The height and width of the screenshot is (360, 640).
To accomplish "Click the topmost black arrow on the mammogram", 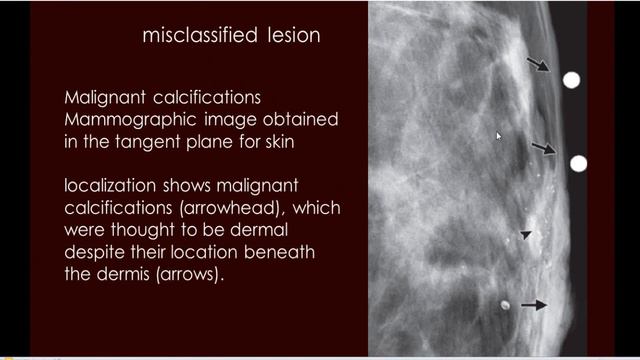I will (538, 65).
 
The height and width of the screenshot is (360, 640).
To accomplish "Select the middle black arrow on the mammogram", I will (543, 149).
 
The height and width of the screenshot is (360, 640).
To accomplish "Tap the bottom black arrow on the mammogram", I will (534, 305).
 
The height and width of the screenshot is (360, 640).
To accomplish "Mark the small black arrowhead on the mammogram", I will (526, 235).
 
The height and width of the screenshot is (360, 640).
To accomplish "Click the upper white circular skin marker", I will (571, 80).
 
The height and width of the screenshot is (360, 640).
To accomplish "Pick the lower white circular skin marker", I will (577, 163).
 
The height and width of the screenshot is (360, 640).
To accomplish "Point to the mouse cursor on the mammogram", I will (499, 135).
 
